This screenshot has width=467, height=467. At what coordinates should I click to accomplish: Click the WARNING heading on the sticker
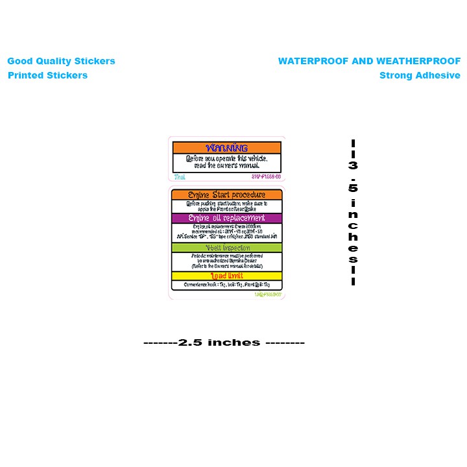click(x=226, y=148)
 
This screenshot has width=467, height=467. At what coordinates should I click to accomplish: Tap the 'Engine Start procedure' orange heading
click(x=226, y=195)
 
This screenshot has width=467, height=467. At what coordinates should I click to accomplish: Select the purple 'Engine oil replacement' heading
click(x=226, y=218)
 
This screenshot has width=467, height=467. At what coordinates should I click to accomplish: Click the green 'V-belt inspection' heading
click(x=226, y=247)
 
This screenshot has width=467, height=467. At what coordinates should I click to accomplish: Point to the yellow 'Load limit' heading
click(x=226, y=276)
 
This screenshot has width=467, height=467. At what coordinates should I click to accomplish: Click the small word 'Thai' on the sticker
click(x=180, y=176)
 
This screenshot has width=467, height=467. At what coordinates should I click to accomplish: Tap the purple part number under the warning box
click(x=266, y=176)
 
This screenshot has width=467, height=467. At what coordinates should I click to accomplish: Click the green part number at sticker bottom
click(x=269, y=294)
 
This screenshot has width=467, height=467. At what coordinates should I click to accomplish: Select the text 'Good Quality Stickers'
click(x=61, y=62)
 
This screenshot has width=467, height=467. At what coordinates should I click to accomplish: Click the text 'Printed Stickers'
click(x=47, y=75)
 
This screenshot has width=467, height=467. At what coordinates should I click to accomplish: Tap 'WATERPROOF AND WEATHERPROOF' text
click(x=369, y=62)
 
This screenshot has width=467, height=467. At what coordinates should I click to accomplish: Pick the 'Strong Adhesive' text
click(x=420, y=75)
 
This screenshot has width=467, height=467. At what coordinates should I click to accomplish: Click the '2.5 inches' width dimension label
click(x=224, y=342)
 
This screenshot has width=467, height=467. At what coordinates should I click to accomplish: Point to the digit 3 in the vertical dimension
click(x=353, y=165)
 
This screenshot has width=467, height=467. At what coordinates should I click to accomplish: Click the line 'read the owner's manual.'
click(x=226, y=165)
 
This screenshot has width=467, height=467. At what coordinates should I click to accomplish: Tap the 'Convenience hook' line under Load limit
click(x=226, y=285)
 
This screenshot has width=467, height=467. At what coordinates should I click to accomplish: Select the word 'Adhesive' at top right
click(x=438, y=75)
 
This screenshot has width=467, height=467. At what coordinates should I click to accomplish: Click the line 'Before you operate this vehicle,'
click(x=226, y=158)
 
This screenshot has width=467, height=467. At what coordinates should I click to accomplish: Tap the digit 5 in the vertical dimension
click(x=353, y=189)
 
